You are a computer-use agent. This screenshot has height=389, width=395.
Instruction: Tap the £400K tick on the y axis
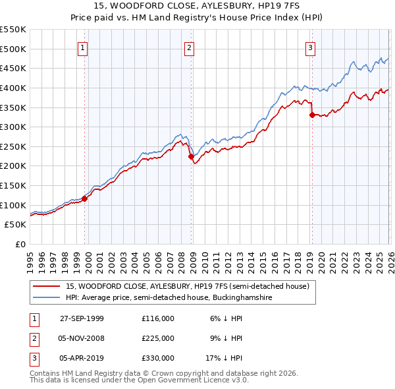[13, 88]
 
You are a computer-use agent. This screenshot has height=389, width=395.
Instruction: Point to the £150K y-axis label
[13, 185]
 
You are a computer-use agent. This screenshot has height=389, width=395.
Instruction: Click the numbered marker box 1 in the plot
[83, 47]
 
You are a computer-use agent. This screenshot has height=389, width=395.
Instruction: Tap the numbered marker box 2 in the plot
[189, 47]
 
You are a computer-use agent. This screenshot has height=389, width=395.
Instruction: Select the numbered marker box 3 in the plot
[310, 47]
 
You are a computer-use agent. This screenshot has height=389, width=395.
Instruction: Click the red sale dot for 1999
[85, 198]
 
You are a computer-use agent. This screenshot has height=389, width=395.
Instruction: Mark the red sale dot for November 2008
[191, 156]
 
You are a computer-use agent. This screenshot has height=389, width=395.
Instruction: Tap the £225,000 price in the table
[158, 338]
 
